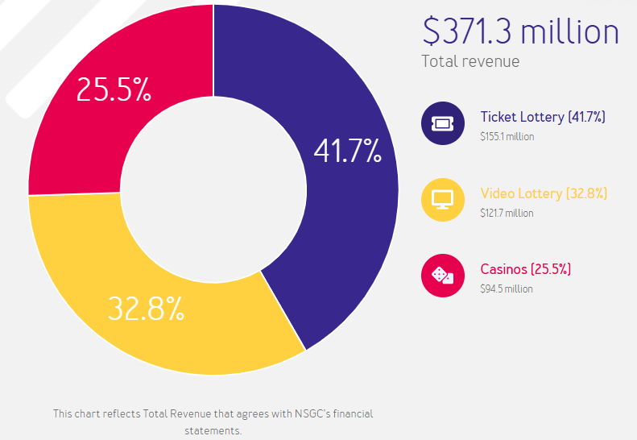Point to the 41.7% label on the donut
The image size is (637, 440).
pos(347,151)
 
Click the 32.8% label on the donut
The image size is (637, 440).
pos(147,309)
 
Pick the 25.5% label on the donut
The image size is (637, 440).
pos(114,89)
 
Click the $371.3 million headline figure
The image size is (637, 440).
pos(520,31)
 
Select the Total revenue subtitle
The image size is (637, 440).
pos(470,61)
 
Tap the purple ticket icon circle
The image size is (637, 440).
pos(443,122)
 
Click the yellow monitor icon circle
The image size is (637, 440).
pos(443,199)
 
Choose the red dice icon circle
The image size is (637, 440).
pos(443,276)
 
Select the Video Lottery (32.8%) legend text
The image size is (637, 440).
pos(544,193)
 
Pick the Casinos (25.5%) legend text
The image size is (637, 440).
pos(525,268)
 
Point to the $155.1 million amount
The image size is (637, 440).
pos(507,136)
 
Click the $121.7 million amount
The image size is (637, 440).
pos(507,213)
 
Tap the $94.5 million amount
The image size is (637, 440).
pos(506,288)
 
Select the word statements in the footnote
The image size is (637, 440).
pos(213,431)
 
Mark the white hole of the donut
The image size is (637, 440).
pos(213,190)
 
